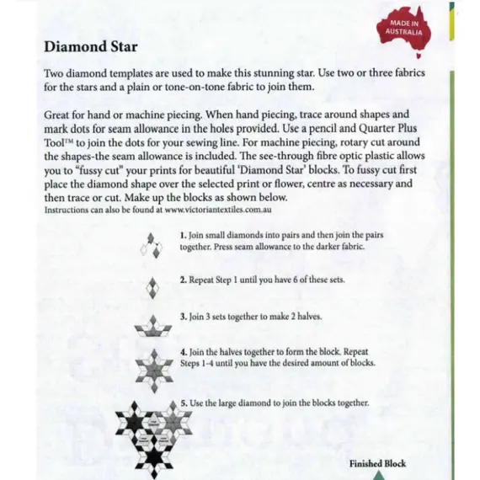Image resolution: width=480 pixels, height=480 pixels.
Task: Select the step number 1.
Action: [183, 235]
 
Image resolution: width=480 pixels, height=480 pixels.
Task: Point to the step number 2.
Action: [183, 278]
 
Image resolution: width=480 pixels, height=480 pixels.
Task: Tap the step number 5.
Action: [183, 403]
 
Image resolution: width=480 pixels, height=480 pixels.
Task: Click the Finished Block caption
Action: [377, 463]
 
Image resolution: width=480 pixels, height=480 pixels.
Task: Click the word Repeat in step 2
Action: [205, 278]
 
